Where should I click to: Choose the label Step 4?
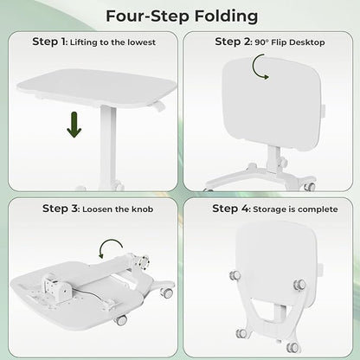coord(231,208)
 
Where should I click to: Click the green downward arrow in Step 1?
coord(74,125)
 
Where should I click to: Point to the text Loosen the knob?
coord(125,208)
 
